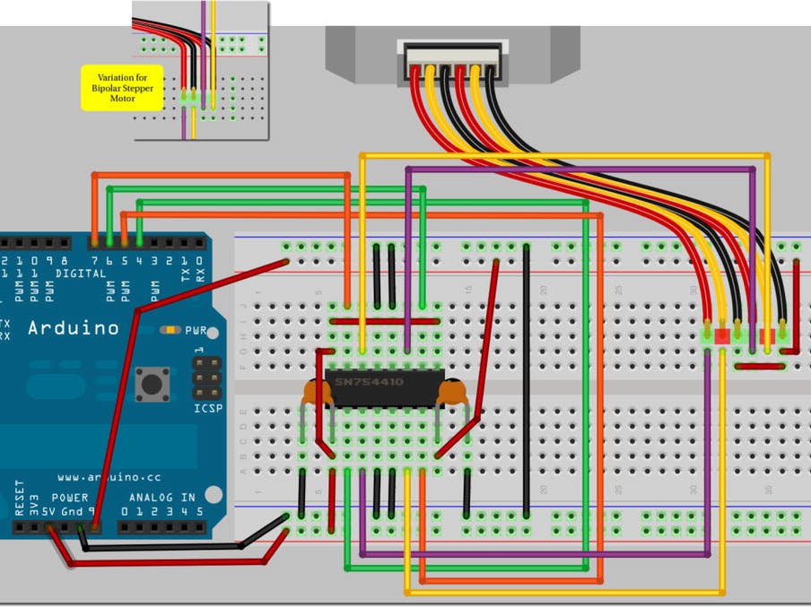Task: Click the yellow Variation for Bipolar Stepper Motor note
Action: tap(122, 88)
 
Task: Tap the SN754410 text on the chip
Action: tap(369, 382)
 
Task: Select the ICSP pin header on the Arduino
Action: tap(207, 378)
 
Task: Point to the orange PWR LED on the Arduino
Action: tap(169, 330)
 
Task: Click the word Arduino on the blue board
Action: tap(73, 328)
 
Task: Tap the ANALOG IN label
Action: tap(161, 498)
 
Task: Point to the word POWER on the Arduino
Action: tap(70, 498)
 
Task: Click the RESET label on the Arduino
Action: tap(20, 498)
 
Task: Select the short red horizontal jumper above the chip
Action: tap(385, 320)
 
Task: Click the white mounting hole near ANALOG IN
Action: tap(213, 494)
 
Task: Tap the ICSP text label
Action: tap(207, 409)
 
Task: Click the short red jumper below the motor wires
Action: tap(758, 366)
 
